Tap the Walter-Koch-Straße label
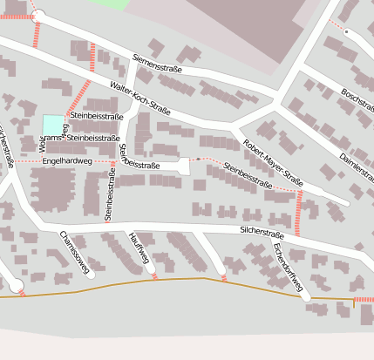(140, 97)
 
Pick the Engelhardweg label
(66, 161)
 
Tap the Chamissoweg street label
(75, 253)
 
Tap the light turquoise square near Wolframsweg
(52, 126)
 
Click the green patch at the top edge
(109, 3)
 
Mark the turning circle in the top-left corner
(37, 14)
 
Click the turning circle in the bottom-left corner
(16, 285)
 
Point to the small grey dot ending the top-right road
(346, 32)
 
